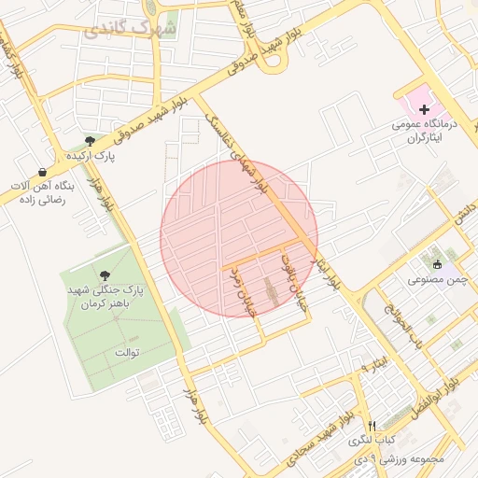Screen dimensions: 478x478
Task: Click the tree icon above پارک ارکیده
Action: [90, 141]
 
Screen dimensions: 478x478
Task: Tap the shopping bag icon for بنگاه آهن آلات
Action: [43, 172]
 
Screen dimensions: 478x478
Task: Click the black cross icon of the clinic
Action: [425, 110]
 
